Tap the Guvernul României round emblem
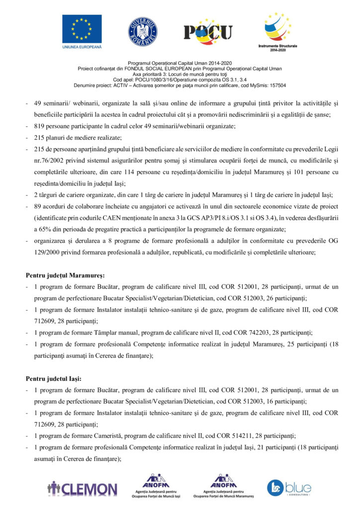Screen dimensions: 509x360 [143, 31]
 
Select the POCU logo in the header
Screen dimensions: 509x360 [208, 32]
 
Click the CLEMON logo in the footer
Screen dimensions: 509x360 [83, 488]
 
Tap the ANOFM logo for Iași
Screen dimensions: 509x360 [158, 486]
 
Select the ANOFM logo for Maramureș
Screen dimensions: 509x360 [223, 486]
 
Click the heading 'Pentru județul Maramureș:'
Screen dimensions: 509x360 [65, 275]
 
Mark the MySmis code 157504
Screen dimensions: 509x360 [276, 85]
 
